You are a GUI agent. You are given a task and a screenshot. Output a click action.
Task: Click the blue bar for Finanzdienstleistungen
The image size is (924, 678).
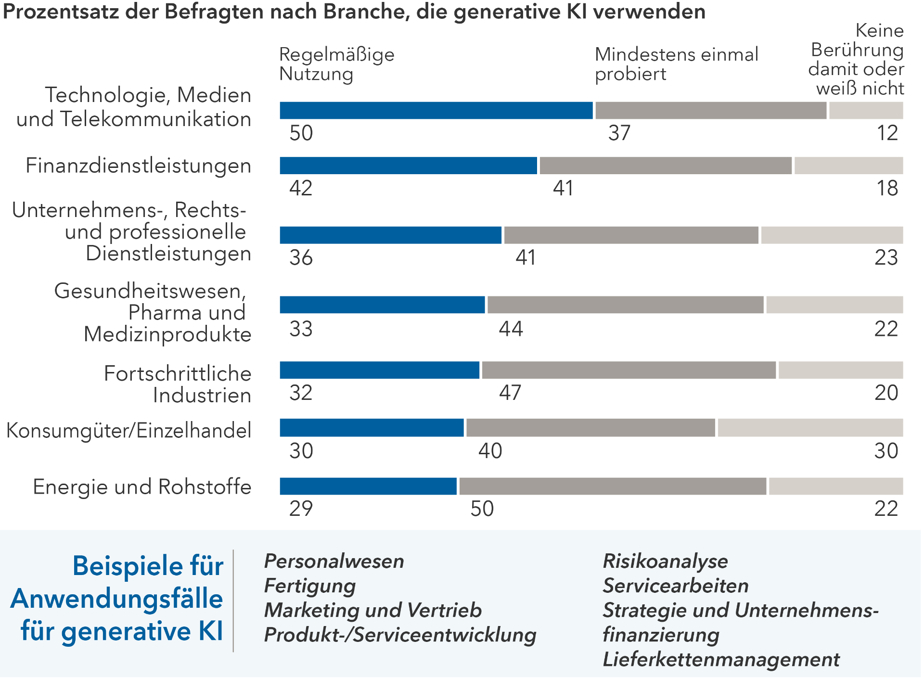tap(408, 166)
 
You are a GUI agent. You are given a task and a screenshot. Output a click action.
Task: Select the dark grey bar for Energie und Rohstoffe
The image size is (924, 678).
tap(613, 486)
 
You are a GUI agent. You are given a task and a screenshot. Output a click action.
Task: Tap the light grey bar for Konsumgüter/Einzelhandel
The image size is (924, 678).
tap(810, 428)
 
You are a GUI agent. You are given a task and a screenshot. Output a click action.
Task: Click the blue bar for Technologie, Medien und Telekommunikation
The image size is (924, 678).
tap(436, 111)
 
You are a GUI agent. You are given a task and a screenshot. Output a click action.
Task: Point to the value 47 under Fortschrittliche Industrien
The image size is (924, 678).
tap(510, 393)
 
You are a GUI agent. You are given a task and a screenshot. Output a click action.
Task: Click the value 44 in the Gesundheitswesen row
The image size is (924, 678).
tap(511, 329)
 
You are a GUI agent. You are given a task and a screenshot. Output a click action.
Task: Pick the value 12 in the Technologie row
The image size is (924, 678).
tap(887, 133)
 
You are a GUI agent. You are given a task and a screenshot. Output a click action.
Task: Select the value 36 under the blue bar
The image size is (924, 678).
tap(301, 258)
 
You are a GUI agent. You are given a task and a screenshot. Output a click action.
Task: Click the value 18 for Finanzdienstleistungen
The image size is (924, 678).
tap(887, 188)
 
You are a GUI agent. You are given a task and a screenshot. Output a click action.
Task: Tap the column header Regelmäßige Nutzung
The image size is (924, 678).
tap(336, 64)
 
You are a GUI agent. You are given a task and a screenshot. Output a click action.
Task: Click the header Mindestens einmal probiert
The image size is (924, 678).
tap(676, 64)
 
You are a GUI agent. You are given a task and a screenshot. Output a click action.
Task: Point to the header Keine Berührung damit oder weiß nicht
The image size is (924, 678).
tap(857, 60)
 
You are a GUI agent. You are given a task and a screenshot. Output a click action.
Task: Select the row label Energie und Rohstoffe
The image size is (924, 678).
tap(142, 487)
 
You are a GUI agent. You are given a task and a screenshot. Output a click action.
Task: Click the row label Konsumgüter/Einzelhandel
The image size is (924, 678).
tap(128, 430)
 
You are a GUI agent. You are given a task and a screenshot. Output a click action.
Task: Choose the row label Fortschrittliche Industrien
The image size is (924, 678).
tap(178, 384)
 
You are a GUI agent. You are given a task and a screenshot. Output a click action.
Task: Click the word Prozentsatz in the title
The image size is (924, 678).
tap(60, 11)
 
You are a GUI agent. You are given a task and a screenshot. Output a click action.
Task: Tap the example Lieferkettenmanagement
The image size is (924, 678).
tap(721, 659)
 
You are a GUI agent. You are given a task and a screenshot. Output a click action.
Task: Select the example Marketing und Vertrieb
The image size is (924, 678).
tap(372, 610)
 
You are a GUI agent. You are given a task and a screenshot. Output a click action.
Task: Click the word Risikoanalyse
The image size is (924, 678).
tap(665, 561)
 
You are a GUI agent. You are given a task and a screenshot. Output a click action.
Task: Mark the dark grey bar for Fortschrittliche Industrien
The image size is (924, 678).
tap(629, 370)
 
